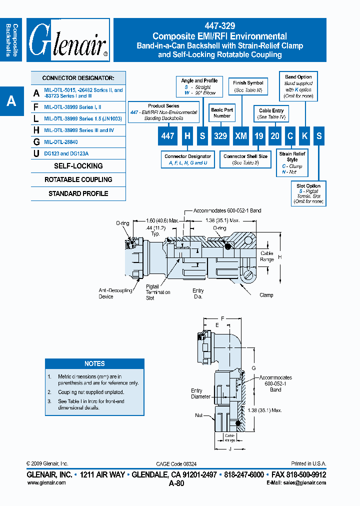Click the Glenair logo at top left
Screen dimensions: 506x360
[68, 40]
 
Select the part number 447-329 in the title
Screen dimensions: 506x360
[219, 26]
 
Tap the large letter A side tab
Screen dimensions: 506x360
[11, 101]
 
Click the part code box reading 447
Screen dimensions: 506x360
[167, 135]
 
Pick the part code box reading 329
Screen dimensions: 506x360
[220, 135]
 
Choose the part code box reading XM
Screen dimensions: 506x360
[241, 135]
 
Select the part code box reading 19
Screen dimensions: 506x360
[258, 135]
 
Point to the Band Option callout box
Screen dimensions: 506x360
[298, 86]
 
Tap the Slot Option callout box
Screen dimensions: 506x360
[308, 194]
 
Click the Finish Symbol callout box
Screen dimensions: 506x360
[248, 86]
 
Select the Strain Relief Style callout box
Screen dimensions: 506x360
[292, 163]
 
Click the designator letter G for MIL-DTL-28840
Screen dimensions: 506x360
[36, 142]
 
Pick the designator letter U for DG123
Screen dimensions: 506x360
[36, 154]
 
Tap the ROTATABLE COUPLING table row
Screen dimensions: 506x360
[78, 179]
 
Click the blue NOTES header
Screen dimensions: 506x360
[94, 363]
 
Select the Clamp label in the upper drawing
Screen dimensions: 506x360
[266, 295]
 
